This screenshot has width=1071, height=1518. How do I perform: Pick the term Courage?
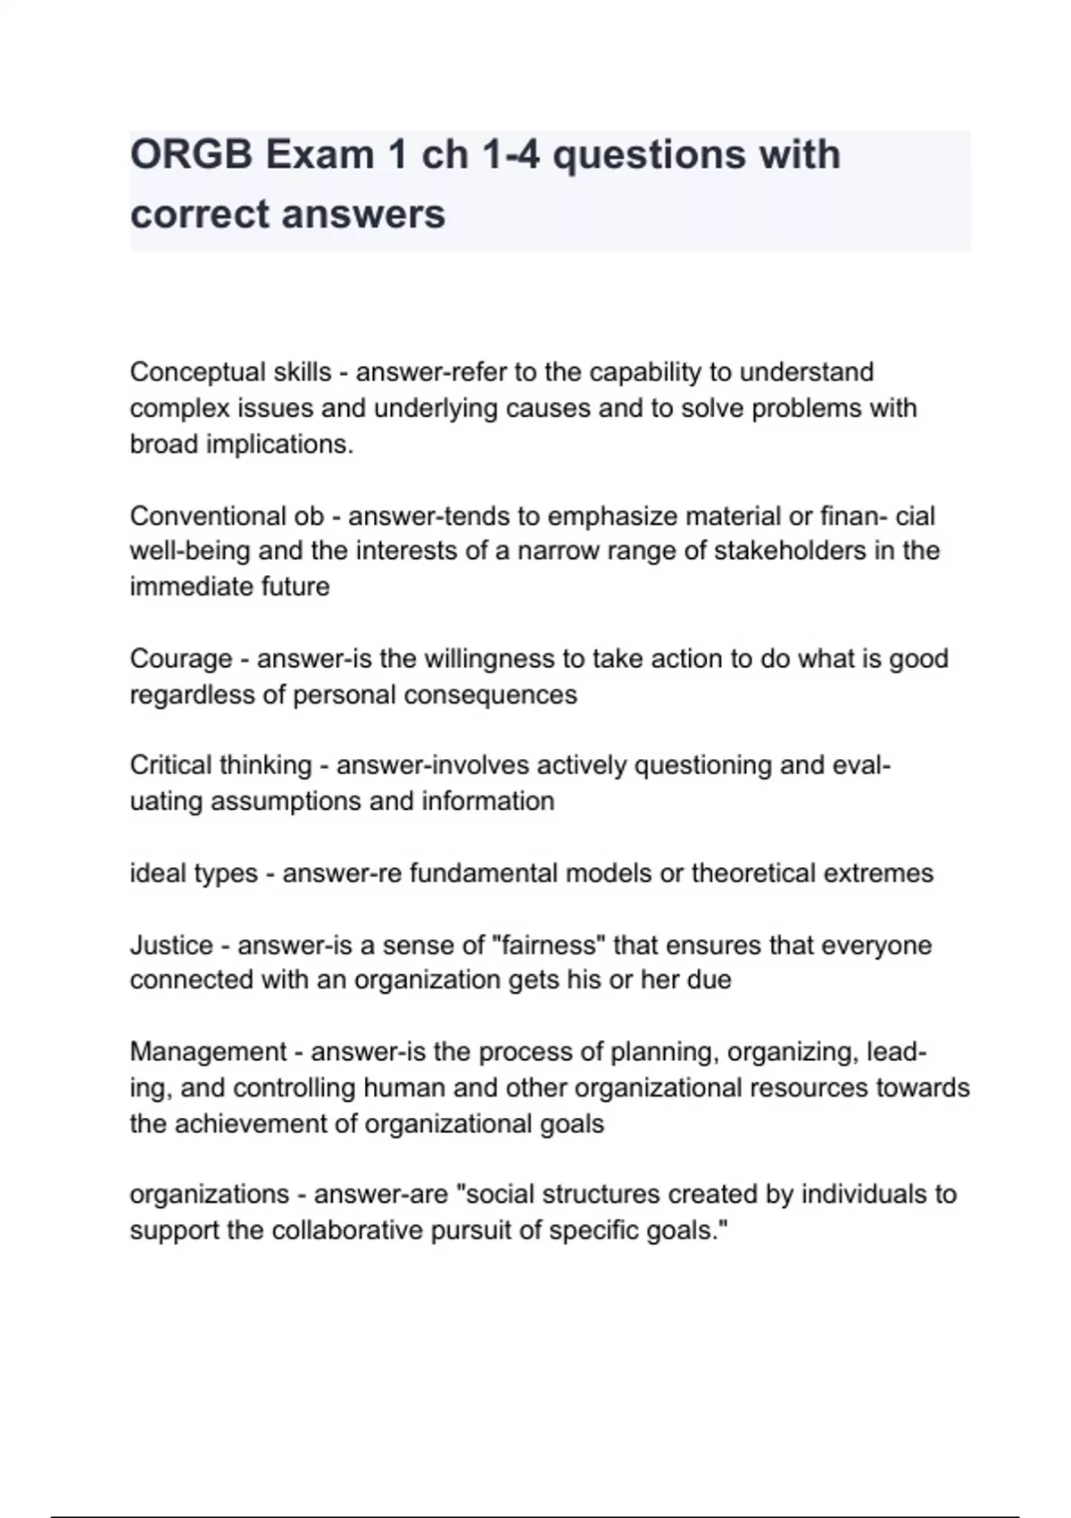181,659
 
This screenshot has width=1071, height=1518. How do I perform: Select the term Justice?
171,945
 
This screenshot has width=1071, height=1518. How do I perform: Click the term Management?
208,1052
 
